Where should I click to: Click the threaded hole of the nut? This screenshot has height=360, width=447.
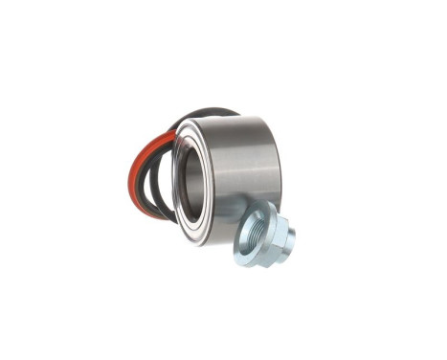[x=256, y=236]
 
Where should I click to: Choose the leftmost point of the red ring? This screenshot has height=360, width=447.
[x=128, y=182]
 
